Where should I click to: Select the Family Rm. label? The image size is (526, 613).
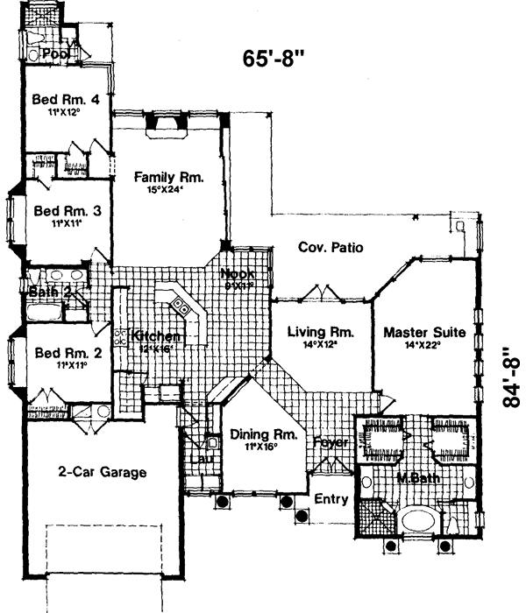click(x=168, y=177)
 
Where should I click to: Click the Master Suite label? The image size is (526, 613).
click(x=424, y=333)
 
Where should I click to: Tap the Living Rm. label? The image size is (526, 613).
click(x=320, y=333)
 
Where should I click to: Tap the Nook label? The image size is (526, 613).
click(x=236, y=273)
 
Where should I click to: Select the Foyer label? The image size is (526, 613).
click(x=331, y=443)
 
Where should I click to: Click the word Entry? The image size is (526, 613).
click(x=331, y=499)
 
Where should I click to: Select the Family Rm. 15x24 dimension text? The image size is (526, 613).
click(x=168, y=190)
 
